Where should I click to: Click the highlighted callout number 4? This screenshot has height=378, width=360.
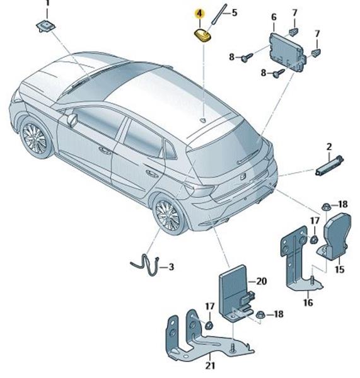click(199, 13)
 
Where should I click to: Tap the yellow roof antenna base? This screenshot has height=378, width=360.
click(202, 35)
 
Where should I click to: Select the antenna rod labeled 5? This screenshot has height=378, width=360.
click(219, 14)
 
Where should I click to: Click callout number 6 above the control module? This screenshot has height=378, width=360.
click(274, 17)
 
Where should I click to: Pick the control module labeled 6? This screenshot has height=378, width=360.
click(287, 52)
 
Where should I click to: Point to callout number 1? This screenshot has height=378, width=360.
click(47, 3)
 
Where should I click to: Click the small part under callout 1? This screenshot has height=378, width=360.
click(46, 26)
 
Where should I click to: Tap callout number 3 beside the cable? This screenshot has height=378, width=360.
click(171, 267)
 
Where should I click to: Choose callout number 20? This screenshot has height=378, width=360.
click(262, 282)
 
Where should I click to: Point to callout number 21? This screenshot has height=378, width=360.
click(210, 365)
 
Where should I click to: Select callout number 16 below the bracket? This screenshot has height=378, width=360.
click(308, 302)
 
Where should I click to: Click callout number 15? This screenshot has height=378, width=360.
click(339, 269)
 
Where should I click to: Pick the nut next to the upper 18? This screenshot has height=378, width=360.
click(326, 207)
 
